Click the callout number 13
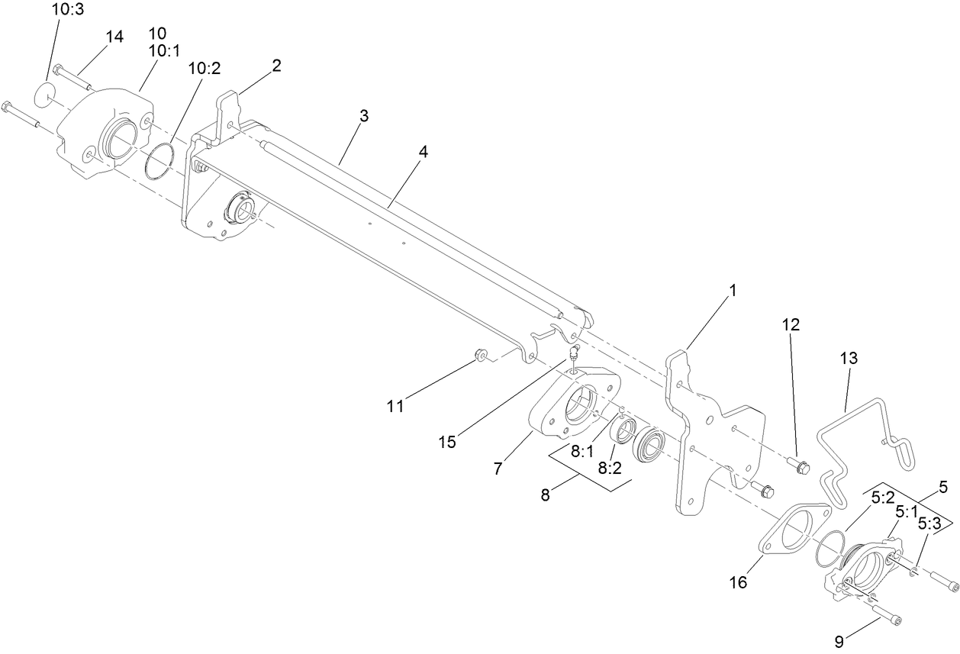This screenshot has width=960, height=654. (x=849, y=357)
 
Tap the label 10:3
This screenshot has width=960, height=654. (x=68, y=11)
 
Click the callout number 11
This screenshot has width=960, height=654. (x=395, y=407)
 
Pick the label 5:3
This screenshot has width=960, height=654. (x=929, y=524)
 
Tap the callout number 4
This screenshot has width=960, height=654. (x=422, y=151)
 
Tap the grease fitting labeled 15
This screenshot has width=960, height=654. (x=573, y=352)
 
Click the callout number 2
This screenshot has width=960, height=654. (x=276, y=66)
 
